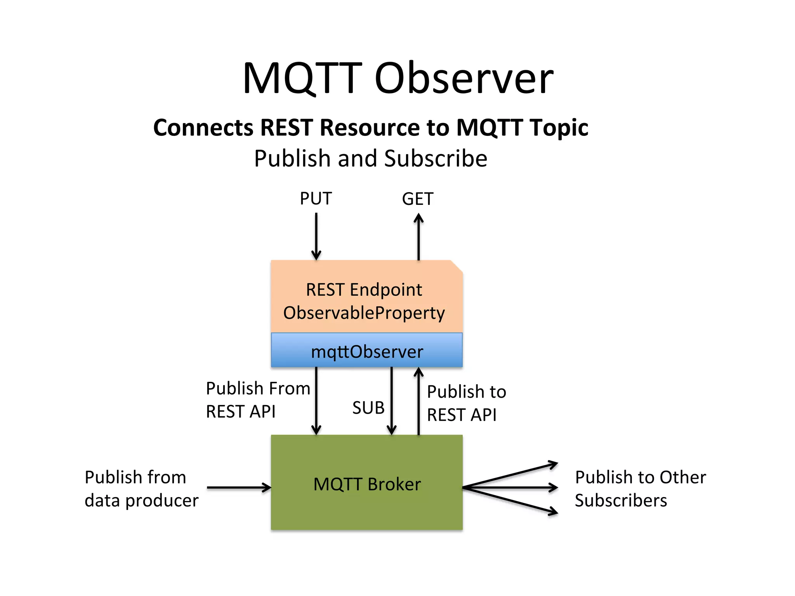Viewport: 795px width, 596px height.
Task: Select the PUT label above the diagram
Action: pyautogui.click(x=316, y=199)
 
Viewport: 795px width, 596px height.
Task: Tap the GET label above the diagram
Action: pyautogui.click(x=417, y=199)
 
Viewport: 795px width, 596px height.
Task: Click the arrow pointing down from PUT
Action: pyautogui.click(x=316, y=237)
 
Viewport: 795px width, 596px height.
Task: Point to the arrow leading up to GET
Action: pyautogui.click(x=418, y=237)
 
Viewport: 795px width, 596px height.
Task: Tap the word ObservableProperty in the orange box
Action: pyautogui.click(x=364, y=313)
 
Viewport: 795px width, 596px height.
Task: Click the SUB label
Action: pyautogui.click(x=368, y=408)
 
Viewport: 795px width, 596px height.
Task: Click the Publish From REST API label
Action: pyautogui.click(x=258, y=400)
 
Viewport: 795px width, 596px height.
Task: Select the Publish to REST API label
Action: pyautogui.click(x=466, y=403)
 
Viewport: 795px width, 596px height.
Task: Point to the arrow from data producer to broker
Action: pyautogui.click(x=239, y=487)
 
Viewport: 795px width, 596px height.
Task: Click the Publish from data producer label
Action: pyautogui.click(x=141, y=489)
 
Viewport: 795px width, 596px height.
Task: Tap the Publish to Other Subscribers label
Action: pyautogui.click(x=640, y=489)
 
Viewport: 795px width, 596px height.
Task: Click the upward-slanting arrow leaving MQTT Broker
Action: pyautogui.click(x=510, y=475)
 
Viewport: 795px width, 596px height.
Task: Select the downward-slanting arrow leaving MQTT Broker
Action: pyautogui.click(x=510, y=501)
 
